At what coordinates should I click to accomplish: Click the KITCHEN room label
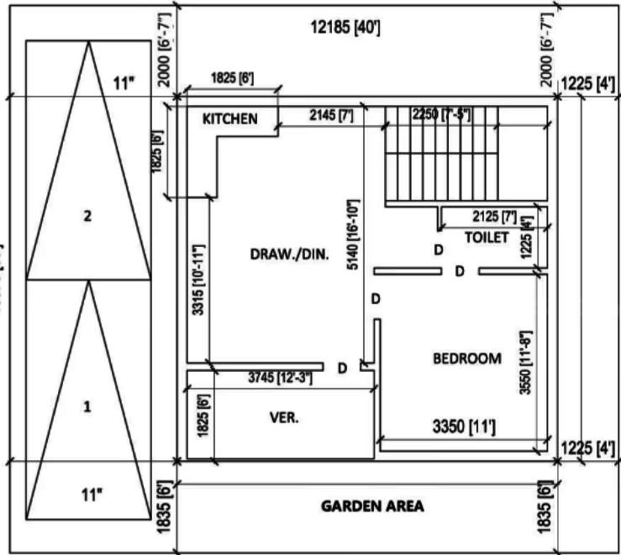pyautogui.click(x=229, y=118)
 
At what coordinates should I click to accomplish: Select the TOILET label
pyautogui.click(x=487, y=238)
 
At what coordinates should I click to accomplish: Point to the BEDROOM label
pyautogui.click(x=466, y=359)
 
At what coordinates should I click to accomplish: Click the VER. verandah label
pyautogui.click(x=285, y=416)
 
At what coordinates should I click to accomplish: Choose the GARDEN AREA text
pyautogui.click(x=372, y=506)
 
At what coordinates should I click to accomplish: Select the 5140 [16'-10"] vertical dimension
pyautogui.click(x=353, y=244)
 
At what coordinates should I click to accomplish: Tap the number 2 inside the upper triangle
pyautogui.click(x=87, y=216)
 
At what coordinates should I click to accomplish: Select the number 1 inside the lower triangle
pyautogui.click(x=87, y=407)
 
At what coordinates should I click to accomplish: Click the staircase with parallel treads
pyautogui.click(x=445, y=157)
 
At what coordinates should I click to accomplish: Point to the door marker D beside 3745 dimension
pyautogui.click(x=342, y=368)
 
